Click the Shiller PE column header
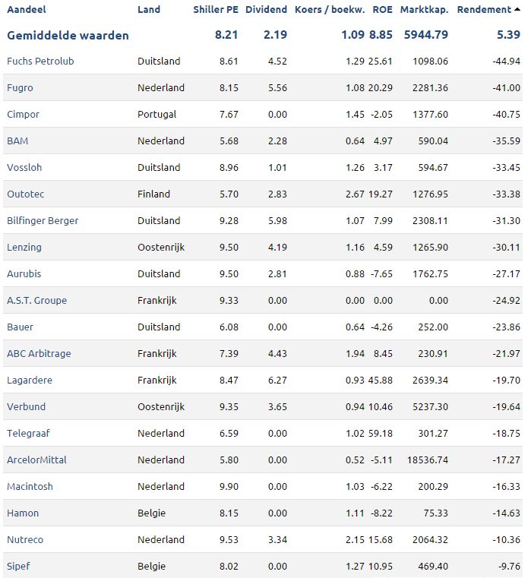[x=216, y=10]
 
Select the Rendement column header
[x=484, y=10]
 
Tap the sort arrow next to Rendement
[x=517, y=9]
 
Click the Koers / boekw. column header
[x=330, y=10]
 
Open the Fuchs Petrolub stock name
[x=40, y=62]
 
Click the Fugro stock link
[x=20, y=88]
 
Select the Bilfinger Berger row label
[x=43, y=221]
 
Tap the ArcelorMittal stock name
[x=37, y=460]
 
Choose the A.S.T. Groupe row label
[x=37, y=301]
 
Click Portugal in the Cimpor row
[x=156, y=115]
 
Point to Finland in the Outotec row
[x=153, y=194]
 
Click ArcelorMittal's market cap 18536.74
[x=428, y=460]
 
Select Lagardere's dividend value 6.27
[x=277, y=380]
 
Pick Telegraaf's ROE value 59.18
[x=381, y=433]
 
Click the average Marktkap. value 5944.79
[x=426, y=35]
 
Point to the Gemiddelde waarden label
[x=68, y=36]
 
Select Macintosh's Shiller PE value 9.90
[x=229, y=486]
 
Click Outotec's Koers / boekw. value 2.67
[x=355, y=194]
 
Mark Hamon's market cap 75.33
[x=436, y=513]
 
